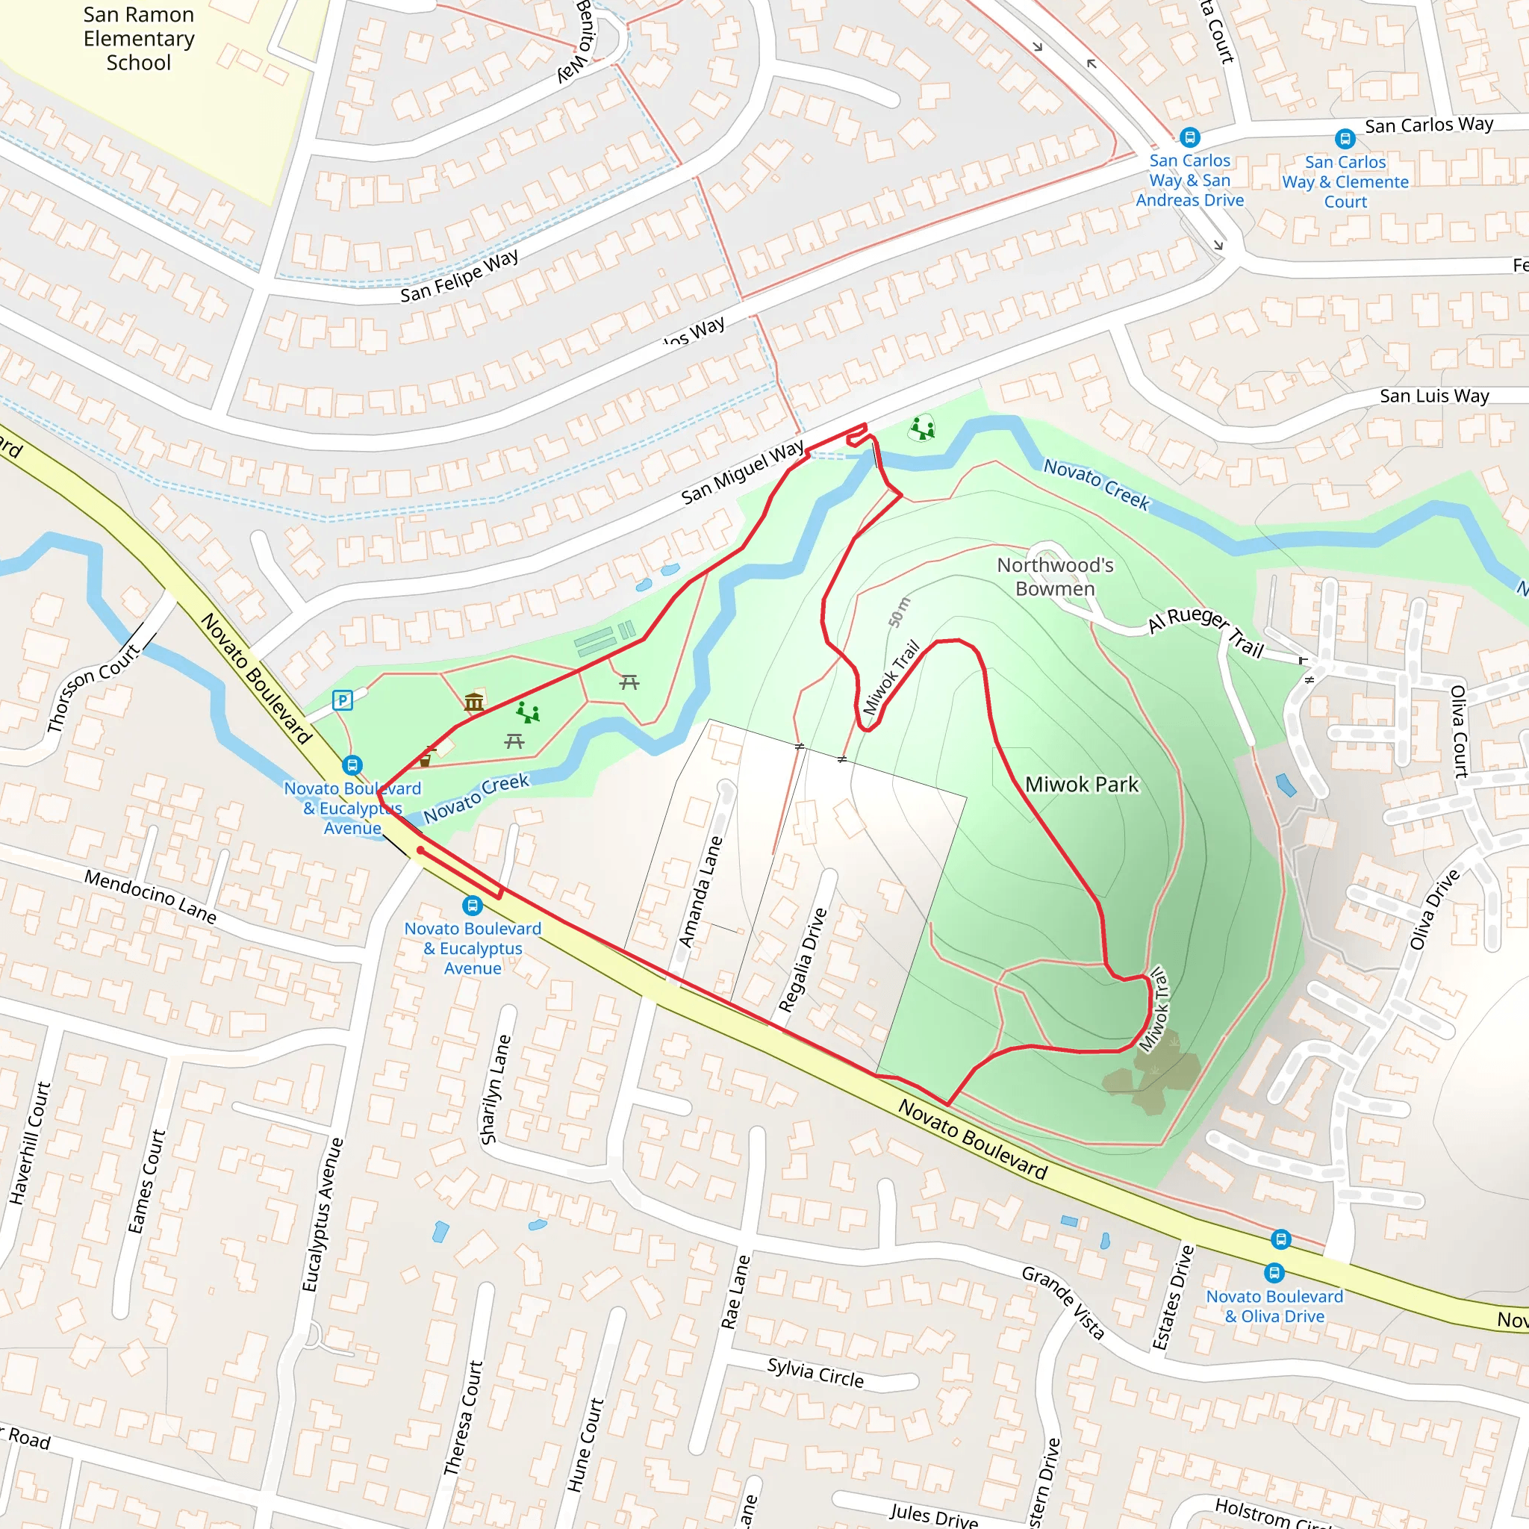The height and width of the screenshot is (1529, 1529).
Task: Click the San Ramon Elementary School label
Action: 139,39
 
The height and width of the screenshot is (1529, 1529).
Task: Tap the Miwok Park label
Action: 1081,785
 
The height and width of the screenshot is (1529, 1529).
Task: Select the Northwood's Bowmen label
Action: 1055,577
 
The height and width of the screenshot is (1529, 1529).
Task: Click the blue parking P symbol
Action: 342,700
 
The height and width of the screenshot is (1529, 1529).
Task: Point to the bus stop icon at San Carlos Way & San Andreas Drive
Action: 1189,137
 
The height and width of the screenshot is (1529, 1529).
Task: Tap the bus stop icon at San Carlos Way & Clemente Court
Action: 1345,140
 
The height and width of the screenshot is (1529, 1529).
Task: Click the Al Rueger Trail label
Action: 1206,631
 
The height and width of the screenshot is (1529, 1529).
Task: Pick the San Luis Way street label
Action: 1434,396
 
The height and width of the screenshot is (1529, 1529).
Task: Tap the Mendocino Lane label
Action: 150,896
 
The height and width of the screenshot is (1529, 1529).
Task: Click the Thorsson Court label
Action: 93,687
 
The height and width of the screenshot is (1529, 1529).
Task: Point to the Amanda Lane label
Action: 700,891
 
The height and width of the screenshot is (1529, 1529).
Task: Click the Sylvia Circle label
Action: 815,1372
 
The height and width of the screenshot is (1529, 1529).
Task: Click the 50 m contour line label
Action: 899,612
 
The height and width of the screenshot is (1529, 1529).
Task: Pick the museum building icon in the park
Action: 474,701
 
